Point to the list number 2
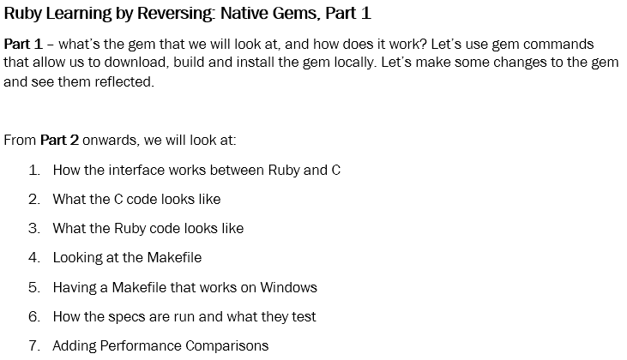point(33,199)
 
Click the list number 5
point(33,287)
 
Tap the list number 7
point(33,346)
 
